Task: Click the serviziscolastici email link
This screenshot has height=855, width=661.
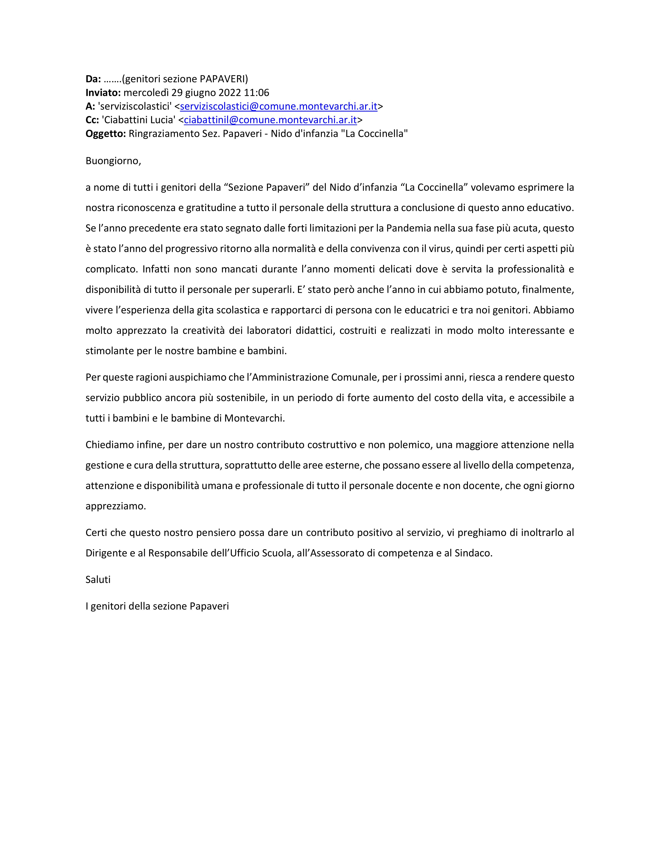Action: pos(278,106)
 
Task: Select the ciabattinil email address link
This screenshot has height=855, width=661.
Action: pos(270,120)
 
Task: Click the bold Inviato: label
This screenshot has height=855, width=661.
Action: pos(103,93)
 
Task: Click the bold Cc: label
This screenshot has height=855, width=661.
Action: pos(92,120)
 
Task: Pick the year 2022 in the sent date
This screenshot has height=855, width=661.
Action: pos(229,93)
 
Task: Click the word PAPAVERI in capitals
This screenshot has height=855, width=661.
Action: pos(222,79)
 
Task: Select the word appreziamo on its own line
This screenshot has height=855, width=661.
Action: pos(115,506)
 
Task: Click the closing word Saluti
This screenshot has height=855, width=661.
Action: pos(98,580)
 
